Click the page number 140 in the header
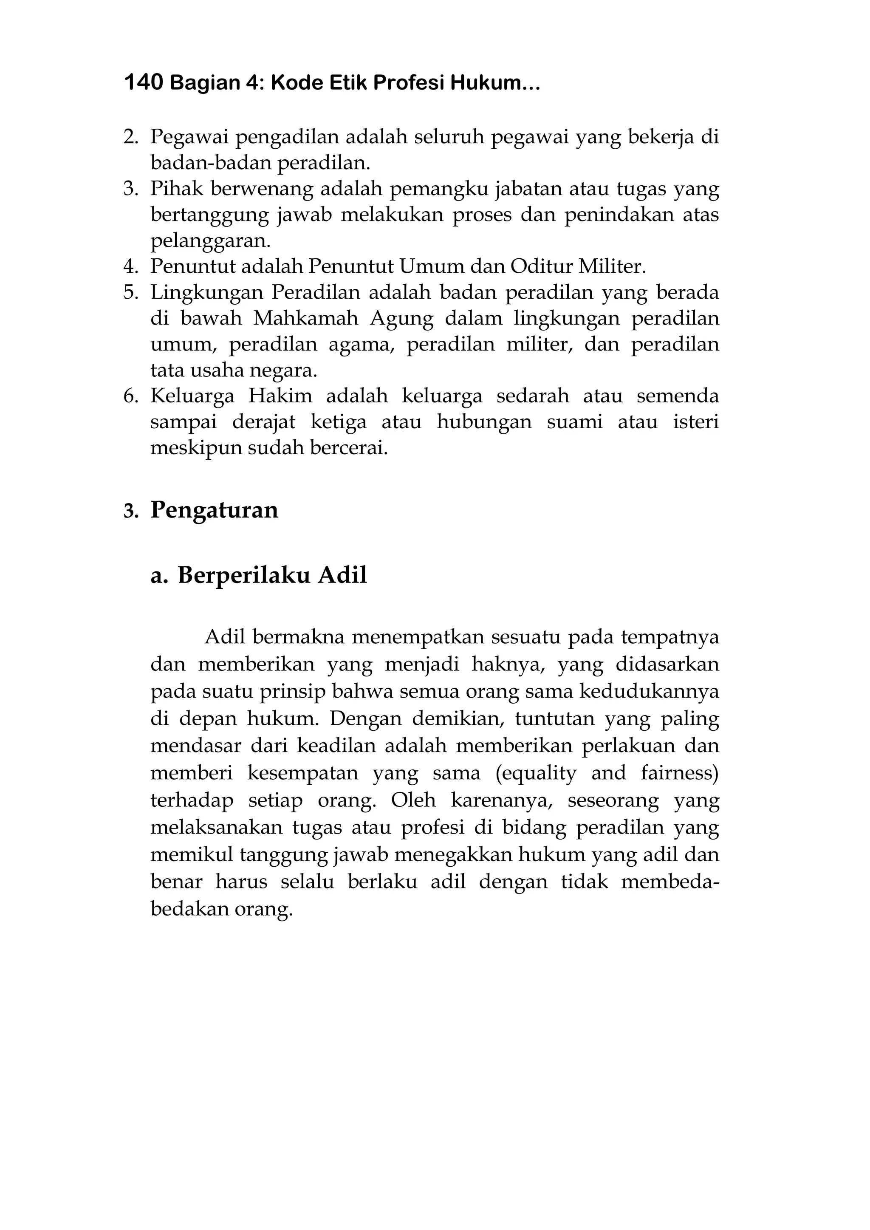[143, 83]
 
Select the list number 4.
[131, 267]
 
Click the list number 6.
[131, 396]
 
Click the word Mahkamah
[306, 318]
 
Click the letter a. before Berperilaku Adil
[159, 576]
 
